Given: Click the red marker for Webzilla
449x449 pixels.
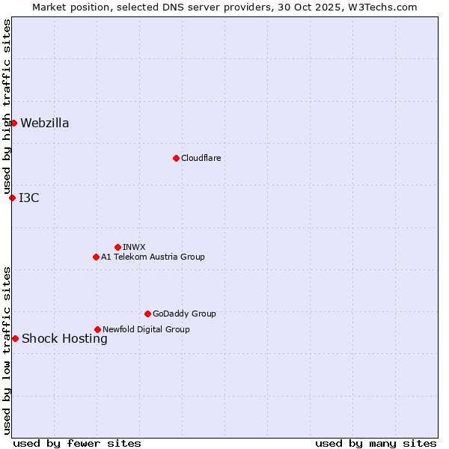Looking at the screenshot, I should pyautogui.click(x=13, y=123).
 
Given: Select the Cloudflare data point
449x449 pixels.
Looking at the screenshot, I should pyautogui.click(x=176, y=158).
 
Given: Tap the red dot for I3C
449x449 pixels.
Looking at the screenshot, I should pyautogui.click(x=12, y=198).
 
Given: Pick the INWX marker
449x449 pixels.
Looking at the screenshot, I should pyautogui.click(x=117, y=247).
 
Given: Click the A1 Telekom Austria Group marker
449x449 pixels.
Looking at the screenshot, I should pyautogui.click(x=96, y=257).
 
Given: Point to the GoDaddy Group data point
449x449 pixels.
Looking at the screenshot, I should pyautogui.click(x=147, y=314).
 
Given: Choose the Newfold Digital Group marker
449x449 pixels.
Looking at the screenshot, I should pyautogui.click(x=97, y=329).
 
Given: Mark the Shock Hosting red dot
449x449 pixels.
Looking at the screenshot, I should pyautogui.click(x=15, y=338).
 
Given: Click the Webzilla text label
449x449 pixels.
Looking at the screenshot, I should pyautogui.click(x=45, y=123).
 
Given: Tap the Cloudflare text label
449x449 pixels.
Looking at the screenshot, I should pyautogui.click(x=201, y=158).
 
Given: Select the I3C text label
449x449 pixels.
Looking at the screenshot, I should pyautogui.click(x=29, y=198).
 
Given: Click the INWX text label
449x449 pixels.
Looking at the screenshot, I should pyautogui.click(x=134, y=247).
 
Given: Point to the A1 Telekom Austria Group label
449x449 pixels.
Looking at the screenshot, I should pyautogui.click(x=153, y=257).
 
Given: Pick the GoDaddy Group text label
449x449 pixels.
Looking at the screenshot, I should pyautogui.click(x=184, y=314).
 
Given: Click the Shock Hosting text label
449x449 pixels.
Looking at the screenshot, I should pyautogui.click(x=64, y=339).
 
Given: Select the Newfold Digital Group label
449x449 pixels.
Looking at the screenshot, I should pyautogui.click(x=146, y=329).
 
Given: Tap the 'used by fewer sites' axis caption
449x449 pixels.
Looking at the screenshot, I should pyautogui.click(x=77, y=443).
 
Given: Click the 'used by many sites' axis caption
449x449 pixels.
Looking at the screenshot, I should pyautogui.click(x=376, y=443).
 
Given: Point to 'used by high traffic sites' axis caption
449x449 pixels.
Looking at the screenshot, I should pyautogui.click(x=7, y=107).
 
